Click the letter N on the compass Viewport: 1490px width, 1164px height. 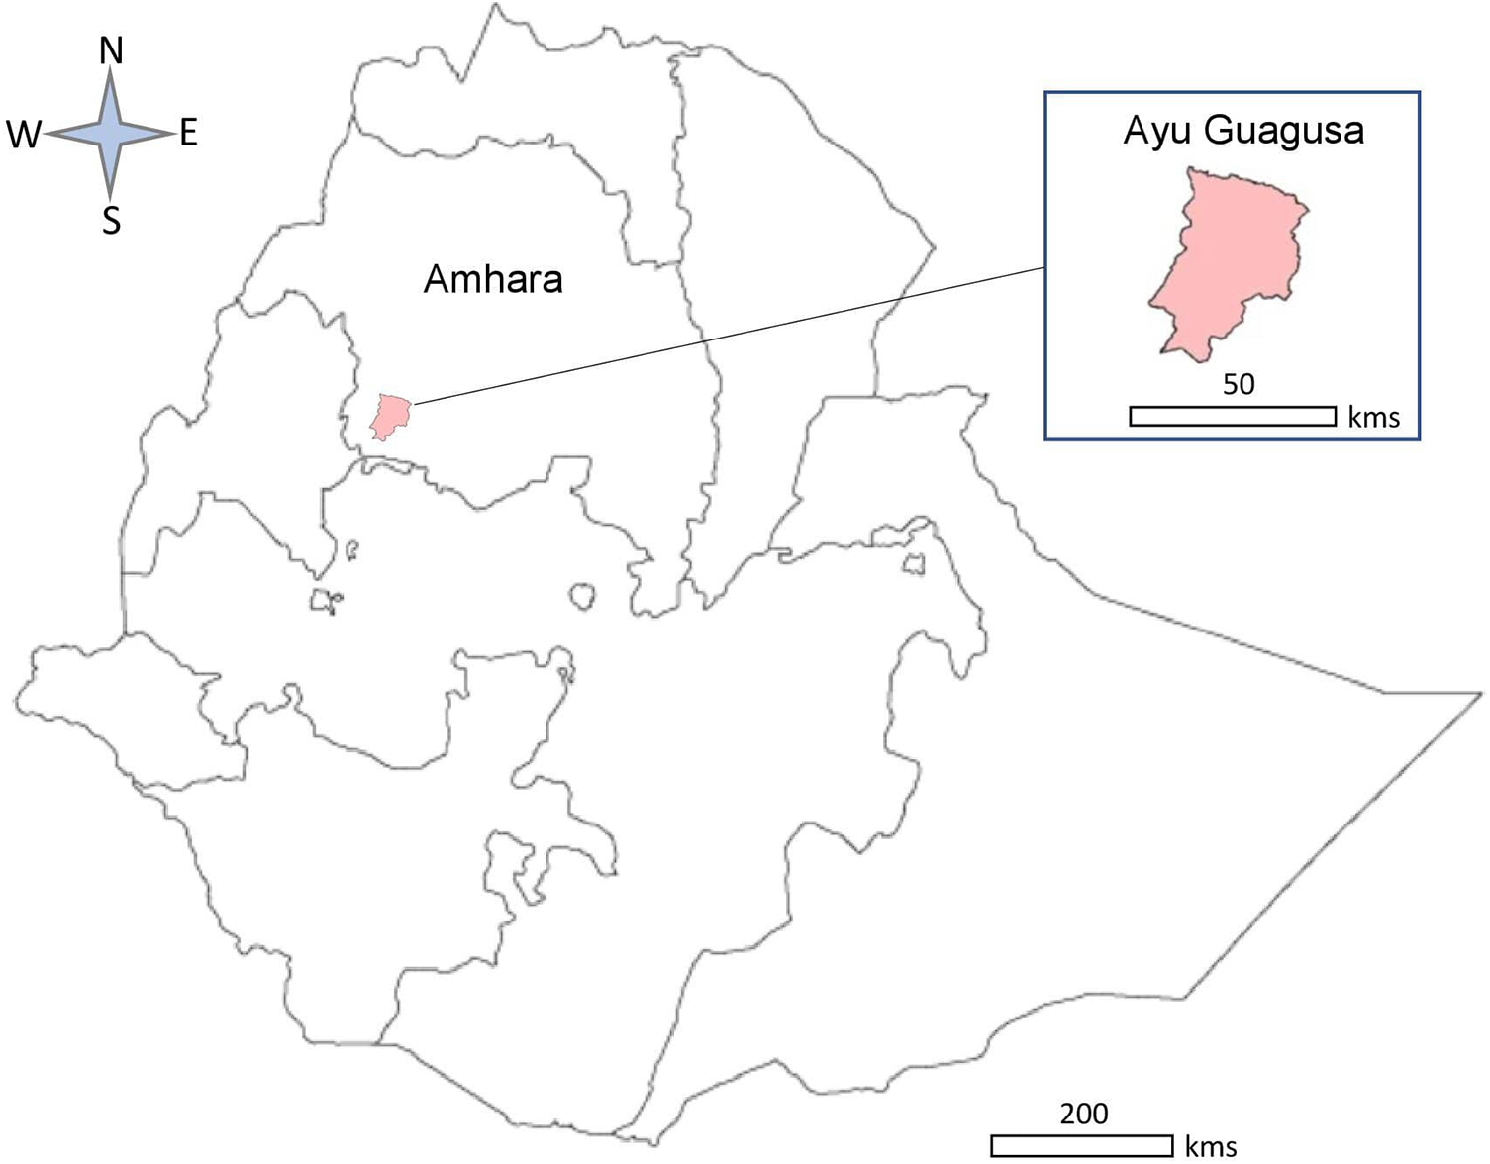(x=111, y=50)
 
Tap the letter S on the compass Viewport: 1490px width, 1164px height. (x=111, y=220)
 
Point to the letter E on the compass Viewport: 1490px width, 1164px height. (x=189, y=132)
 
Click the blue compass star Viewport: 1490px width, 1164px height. (x=110, y=133)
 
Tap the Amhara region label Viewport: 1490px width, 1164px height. (x=493, y=280)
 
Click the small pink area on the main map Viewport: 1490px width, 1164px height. (x=390, y=415)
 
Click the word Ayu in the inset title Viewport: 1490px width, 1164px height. (x=1155, y=131)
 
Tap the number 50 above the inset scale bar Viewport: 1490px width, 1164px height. (x=1238, y=384)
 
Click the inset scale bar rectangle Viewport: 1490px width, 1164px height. (x=1233, y=416)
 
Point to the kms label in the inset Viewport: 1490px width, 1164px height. (x=1373, y=417)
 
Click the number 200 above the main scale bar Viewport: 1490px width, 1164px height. (x=1083, y=1114)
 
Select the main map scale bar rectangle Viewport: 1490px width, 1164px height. (x=1081, y=1145)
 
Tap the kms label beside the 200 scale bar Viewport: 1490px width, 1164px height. (x=1210, y=1146)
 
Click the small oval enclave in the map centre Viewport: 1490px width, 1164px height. (x=583, y=596)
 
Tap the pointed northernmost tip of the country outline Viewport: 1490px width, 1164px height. (x=492, y=6)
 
